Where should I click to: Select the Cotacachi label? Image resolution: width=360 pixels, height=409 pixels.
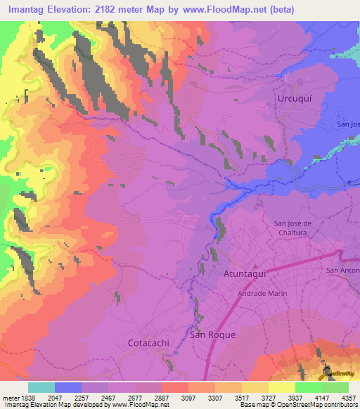pos(150,343)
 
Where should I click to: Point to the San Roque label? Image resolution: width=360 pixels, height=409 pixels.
pos(213,335)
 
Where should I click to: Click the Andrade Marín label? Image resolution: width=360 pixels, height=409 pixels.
pos(261,294)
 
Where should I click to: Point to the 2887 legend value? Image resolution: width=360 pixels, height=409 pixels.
pos(163,397)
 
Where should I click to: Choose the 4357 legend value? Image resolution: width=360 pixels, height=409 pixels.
pos(349,397)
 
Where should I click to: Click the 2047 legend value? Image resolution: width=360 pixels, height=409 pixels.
pos(56,397)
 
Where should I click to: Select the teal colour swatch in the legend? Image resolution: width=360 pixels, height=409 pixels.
pos(41,387)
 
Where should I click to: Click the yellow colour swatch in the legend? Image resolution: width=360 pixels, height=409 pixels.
pos(281,387)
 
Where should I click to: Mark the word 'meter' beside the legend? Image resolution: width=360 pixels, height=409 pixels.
pos(9,397)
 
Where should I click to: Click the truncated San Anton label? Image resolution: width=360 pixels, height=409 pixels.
pos(343,271)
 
